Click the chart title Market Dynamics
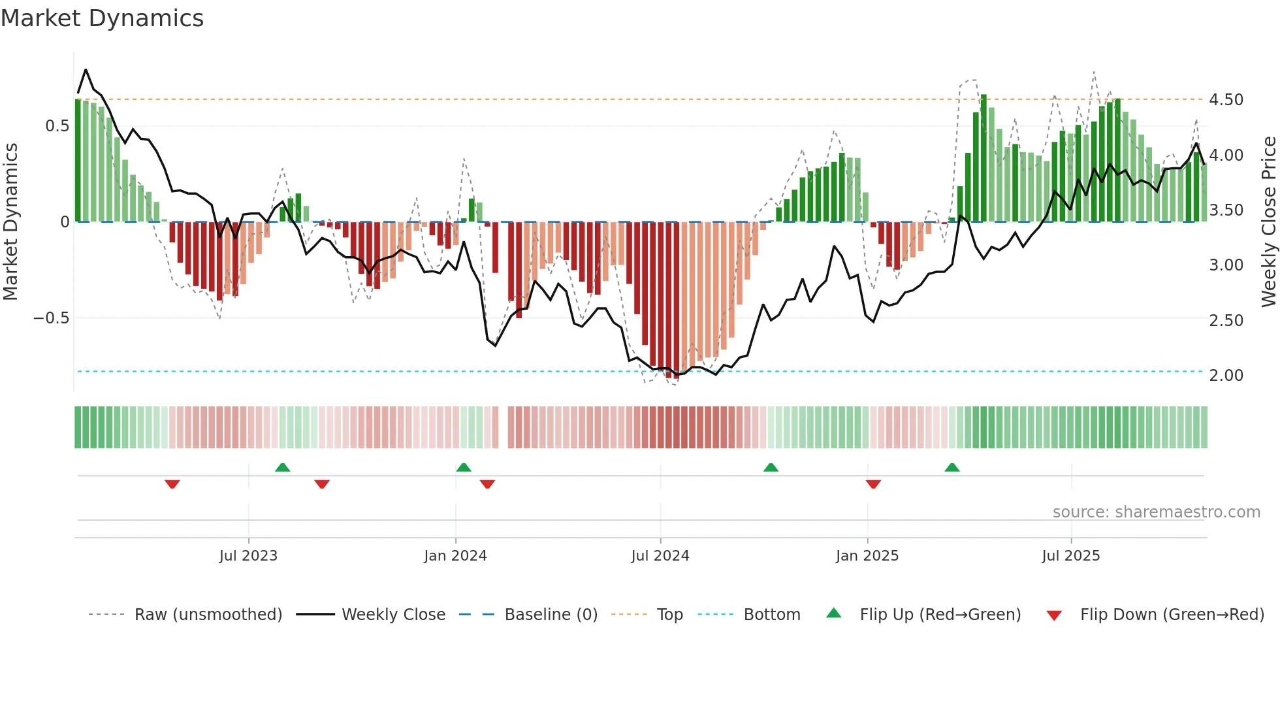pyautogui.click(x=102, y=18)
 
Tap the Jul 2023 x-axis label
pyautogui.click(x=248, y=556)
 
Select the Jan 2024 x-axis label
pyautogui.click(x=455, y=556)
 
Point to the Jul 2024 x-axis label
pyautogui.click(x=660, y=556)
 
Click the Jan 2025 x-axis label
pyautogui.click(x=867, y=556)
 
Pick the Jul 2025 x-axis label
pyautogui.click(x=1071, y=556)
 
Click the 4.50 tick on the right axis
pyautogui.click(x=1226, y=100)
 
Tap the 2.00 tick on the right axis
pyautogui.click(x=1226, y=376)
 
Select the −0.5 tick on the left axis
pyautogui.click(x=51, y=318)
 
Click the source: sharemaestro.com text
pyautogui.click(x=1156, y=512)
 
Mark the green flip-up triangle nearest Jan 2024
pyautogui.click(x=464, y=468)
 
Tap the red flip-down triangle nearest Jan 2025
pyautogui.click(x=873, y=484)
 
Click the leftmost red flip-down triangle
pyautogui.click(x=172, y=484)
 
